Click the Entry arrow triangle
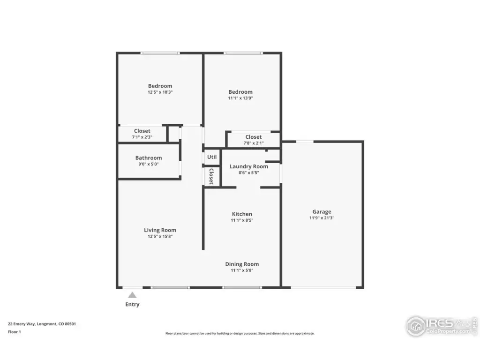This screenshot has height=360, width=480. (132, 295)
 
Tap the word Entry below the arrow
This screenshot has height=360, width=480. (132, 304)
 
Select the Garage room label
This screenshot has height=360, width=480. (322, 212)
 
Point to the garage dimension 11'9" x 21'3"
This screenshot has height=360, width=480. (322, 218)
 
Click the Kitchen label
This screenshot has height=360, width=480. (242, 214)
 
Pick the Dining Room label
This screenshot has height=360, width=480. (242, 264)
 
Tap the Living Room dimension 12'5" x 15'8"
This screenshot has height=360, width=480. (160, 236)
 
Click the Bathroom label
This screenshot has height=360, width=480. (149, 157)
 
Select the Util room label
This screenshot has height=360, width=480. (212, 157)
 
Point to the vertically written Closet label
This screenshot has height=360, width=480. (211, 176)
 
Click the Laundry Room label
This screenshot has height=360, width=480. (249, 166)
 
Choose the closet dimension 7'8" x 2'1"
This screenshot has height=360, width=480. (254, 143)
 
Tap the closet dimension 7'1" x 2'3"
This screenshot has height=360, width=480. (142, 137)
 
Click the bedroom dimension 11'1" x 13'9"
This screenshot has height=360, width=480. (240, 98)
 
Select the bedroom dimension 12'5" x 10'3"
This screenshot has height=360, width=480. (160, 92)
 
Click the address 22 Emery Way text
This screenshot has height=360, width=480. (42, 324)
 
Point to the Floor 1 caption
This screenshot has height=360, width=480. (15, 332)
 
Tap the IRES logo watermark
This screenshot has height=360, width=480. (442, 326)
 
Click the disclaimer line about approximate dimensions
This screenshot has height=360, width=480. (240, 333)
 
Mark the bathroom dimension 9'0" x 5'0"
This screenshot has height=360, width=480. (149, 164)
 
